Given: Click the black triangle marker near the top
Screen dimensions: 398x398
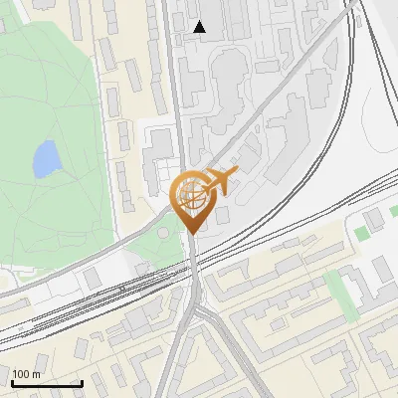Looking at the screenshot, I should tap(200, 27).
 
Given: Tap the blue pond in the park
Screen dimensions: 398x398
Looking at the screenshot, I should tap(46, 159).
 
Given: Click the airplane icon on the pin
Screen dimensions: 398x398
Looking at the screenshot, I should tap(220, 181).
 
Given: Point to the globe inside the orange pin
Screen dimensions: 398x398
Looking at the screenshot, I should tap(191, 195).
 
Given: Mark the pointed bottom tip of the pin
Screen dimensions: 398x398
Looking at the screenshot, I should tap(193, 234).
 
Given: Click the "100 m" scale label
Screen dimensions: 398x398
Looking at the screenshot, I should tap(27, 374).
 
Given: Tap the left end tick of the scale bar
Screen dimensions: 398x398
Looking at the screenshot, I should tap(12, 382).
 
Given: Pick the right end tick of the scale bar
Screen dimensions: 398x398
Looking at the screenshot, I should tap(82, 382).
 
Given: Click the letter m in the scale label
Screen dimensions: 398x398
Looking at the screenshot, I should tap(37, 374).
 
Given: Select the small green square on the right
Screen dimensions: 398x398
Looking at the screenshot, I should tap(361, 233).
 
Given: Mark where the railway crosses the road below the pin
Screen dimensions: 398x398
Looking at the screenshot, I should tap(193, 267).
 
